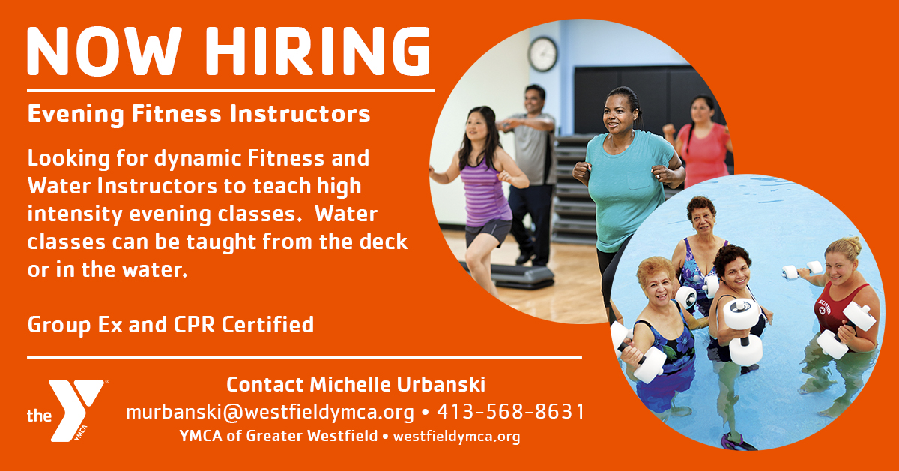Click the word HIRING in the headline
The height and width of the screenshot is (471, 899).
click(318, 51)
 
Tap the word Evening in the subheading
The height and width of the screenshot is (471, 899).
click(76, 115)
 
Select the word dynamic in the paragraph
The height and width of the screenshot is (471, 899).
click(199, 159)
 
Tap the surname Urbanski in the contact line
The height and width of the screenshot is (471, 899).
click(441, 384)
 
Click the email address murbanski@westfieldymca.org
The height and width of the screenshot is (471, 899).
click(270, 412)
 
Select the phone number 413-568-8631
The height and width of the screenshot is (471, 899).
click(510, 412)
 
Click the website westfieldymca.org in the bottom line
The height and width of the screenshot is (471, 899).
click(457, 436)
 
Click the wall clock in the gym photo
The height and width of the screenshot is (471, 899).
click(542, 54)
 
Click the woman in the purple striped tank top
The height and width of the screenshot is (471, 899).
click(479, 197)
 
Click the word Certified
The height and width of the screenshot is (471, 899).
click(267, 325)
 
